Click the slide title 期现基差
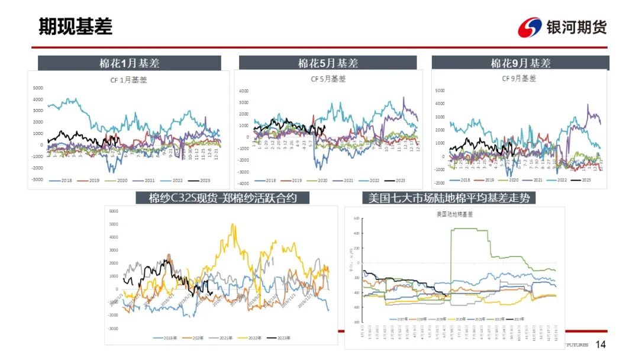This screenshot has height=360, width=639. pyautogui.click(x=75, y=27)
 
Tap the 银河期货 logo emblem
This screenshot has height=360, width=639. pyautogui.click(x=530, y=27)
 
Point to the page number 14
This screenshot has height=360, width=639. pyautogui.click(x=601, y=345)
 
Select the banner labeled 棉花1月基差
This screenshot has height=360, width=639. pyautogui.click(x=129, y=63)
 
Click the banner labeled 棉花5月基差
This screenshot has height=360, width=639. pyautogui.click(x=328, y=63)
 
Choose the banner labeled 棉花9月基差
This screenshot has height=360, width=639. pyautogui.click(x=520, y=63)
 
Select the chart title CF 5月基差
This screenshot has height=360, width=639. pyautogui.click(x=328, y=79)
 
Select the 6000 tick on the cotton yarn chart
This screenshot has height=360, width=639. pyautogui.click(x=114, y=211)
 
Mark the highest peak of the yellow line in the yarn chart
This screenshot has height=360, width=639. pyautogui.click(x=233, y=224)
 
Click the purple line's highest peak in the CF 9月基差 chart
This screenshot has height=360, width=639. pyautogui.click(x=588, y=105)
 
